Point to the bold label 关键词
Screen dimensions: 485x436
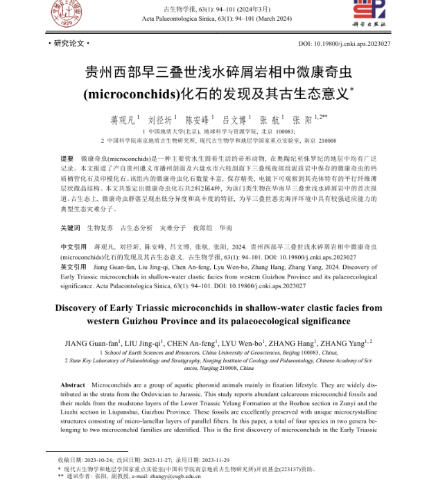pos(71,227)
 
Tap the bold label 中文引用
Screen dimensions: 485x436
pos(73,246)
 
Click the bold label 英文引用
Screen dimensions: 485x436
pos(73,266)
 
